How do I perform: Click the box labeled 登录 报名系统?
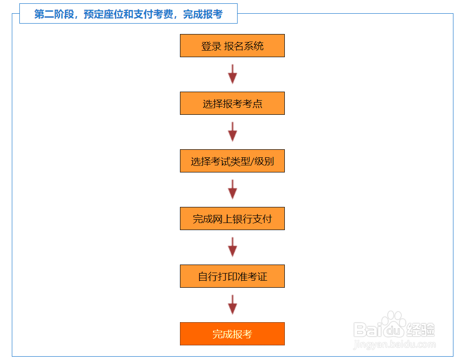coord(232,46)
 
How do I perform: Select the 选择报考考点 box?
coord(232,103)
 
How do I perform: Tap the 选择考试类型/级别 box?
coord(232,161)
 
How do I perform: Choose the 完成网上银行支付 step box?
coord(232,219)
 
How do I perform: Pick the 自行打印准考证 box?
coord(232,276)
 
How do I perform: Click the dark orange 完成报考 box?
coord(232,334)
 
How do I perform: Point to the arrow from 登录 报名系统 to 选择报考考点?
coord(232,74)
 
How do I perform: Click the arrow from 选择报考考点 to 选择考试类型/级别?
coord(232,132)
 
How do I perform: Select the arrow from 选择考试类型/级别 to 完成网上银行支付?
coord(232,189)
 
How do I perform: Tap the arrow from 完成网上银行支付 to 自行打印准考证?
coord(232,247)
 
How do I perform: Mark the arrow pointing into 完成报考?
coord(232,305)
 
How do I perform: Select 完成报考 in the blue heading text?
coord(203,14)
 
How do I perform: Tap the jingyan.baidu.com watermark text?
coord(394,345)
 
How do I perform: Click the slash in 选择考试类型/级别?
coord(252,162)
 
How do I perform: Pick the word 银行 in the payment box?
coord(242,219)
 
